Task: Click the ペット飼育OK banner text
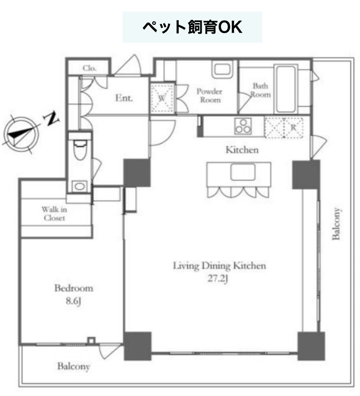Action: click(x=192, y=27)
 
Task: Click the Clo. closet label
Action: click(x=89, y=68)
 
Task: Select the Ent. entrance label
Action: click(x=124, y=98)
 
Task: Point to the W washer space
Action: click(x=163, y=98)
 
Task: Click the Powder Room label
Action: click(x=209, y=95)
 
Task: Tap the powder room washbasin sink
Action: click(x=222, y=70)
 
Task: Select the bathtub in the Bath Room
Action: click(x=286, y=89)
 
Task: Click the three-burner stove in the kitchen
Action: click(x=243, y=126)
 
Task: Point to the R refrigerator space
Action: click(x=284, y=128)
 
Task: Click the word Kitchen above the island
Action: click(x=242, y=150)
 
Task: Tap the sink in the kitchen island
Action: click(x=243, y=172)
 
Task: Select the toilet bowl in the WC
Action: click(x=80, y=150)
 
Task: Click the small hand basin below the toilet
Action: click(x=80, y=186)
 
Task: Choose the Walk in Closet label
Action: click(x=54, y=213)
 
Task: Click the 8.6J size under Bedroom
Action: click(x=73, y=301)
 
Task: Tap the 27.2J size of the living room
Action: click(x=218, y=278)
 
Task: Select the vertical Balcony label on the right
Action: click(x=336, y=223)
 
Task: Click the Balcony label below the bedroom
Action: click(x=74, y=367)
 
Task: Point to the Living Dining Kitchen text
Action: click(x=220, y=266)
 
